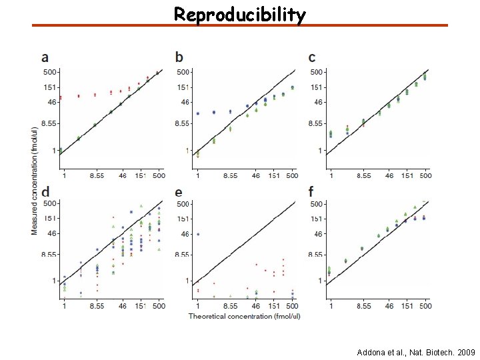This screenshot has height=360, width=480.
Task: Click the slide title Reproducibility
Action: pos(240,14)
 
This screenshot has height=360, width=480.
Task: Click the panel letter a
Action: pos(45,58)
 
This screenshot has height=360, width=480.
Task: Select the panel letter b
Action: pos(179,58)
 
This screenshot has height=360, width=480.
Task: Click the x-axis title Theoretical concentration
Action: pos(244,316)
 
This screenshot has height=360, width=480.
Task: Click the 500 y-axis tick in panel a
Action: pos(51,71)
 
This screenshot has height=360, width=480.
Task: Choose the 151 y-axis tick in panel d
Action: pos(51,218)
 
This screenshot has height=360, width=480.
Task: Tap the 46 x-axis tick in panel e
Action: pos(257,306)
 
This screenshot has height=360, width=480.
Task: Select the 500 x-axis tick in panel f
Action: pos(425,306)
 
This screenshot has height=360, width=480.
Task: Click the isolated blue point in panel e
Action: pos(197,234)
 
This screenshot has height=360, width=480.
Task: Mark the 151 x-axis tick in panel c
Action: pos(408,175)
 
